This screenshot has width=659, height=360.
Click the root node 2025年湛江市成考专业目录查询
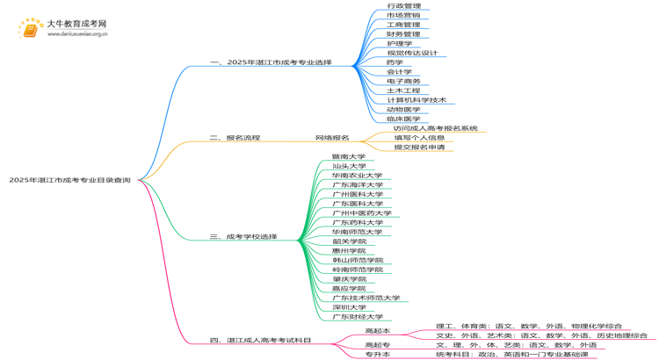[70, 180]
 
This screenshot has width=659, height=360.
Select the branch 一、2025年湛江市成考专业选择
[271, 62]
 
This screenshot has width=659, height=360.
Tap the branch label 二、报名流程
[235, 138]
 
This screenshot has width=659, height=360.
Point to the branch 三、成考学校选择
[243, 236]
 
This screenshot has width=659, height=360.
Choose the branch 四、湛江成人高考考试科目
[260, 340]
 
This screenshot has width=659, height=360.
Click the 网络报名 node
[332, 138]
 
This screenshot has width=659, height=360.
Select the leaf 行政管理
[403, 6]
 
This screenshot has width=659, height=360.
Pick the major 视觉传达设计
[412, 53]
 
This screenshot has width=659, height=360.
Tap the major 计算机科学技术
[416, 100]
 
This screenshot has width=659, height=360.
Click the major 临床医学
[403, 119]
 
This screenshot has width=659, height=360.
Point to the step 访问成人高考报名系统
[436, 128]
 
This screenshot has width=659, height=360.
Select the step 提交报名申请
[419, 148]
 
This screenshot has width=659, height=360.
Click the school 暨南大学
[349, 156]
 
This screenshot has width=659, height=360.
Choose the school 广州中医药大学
[362, 213]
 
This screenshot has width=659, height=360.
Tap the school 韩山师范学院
[358, 260]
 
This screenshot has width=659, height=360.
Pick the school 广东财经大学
[358, 316]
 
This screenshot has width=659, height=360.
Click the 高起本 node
[377, 330]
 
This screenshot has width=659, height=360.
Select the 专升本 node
[377, 354]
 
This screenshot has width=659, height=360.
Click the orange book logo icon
[29, 29]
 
